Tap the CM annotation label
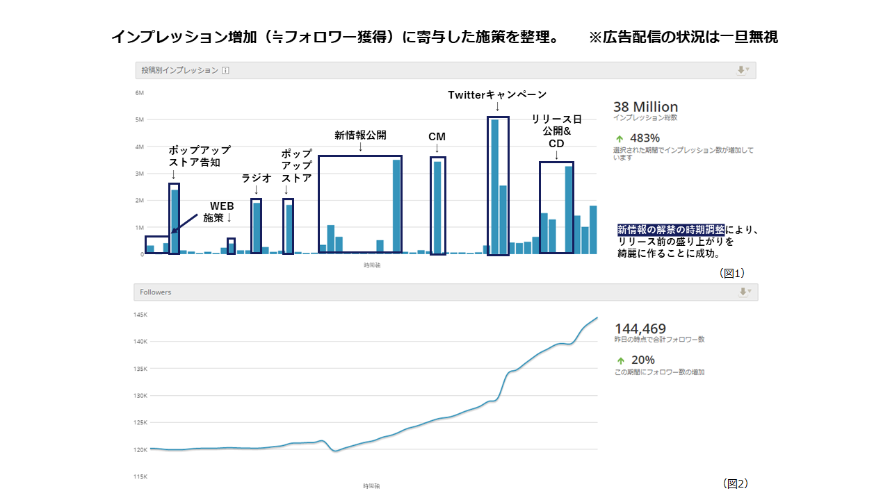pos(437,137)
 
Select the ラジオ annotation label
pos(256,178)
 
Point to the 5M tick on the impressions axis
pos(139,119)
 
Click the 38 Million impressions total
pos(645,107)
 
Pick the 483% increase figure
pos(645,137)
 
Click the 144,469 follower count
pos(640,328)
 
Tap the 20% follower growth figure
pos(642,360)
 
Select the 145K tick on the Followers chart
pos(141,315)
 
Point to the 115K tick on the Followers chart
pos(141,476)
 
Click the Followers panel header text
pos(155,292)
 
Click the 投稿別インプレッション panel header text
pos(180,70)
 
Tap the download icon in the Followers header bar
pos(743,292)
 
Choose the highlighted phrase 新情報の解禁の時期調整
pos(671,230)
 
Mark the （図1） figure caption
pos(732,274)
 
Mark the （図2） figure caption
pos(736,483)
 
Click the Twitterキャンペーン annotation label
pos(497,94)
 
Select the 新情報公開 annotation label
pos(360,135)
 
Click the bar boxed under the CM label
pos(437,207)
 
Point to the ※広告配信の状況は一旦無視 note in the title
pos(683,37)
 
